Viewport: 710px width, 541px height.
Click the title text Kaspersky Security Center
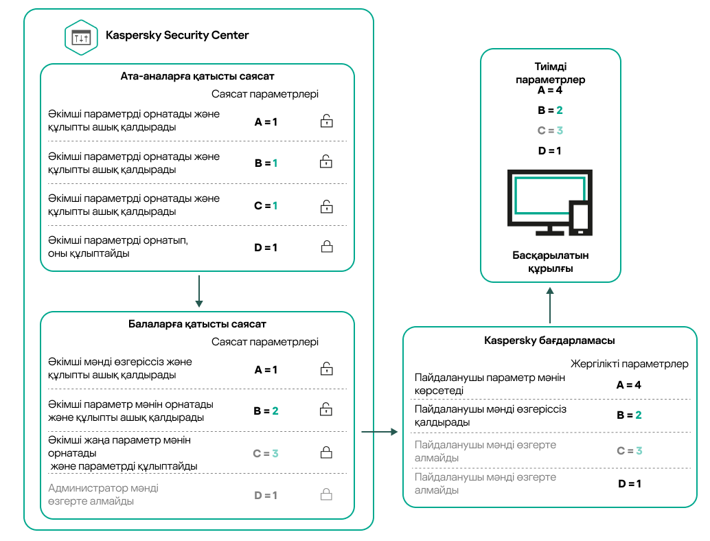(x=177, y=35)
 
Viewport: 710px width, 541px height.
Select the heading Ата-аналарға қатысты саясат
(x=198, y=76)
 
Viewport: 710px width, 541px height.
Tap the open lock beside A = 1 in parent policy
(x=327, y=122)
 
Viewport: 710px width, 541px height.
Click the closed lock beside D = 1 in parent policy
(x=327, y=247)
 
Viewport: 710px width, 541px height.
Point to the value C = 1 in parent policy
(x=265, y=205)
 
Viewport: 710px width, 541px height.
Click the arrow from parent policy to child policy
(x=198, y=291)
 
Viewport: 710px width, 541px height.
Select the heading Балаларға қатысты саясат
(x=198, y=324)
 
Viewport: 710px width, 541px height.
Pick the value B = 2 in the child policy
(x=265, y=411)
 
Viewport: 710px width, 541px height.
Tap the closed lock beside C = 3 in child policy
(x=327, y=453)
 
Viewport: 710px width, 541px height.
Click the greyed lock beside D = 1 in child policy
(x=327, y=495)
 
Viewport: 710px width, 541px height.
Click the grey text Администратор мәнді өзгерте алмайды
(x=104, y=495)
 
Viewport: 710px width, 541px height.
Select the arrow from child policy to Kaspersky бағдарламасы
(x=379, y=433)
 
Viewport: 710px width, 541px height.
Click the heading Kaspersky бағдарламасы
(x=549, y=341)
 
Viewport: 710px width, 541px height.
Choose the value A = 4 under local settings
(x=628, y=385)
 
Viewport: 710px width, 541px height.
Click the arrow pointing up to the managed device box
(x=550, y=305)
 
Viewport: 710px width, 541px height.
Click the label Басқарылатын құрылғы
(x=550, y=262)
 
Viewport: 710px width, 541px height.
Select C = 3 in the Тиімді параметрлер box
(x=550, y=130)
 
